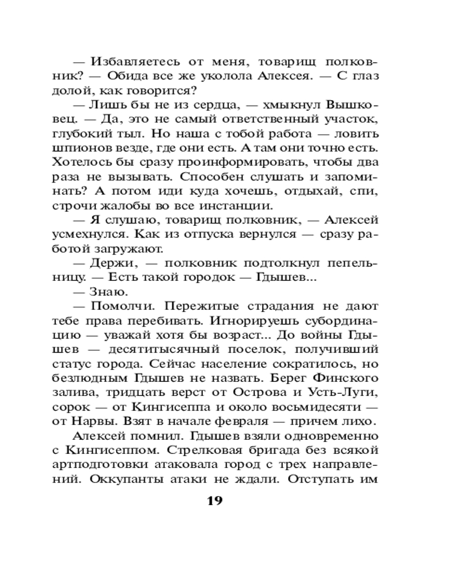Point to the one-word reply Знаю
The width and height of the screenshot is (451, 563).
pos(109,292)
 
